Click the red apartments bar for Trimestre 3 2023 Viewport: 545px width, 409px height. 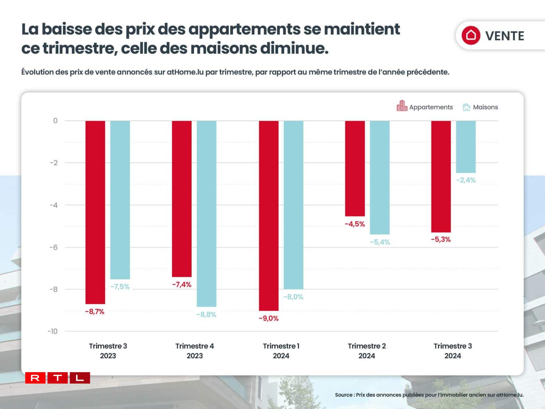(x=95, y=212)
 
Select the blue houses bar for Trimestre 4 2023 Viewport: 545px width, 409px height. (x=207, y=214)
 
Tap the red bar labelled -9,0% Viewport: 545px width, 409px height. (x=269, y=216)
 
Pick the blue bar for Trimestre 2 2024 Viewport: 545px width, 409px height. (x=380, y=178)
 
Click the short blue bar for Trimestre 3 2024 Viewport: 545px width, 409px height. (x=466, y=147)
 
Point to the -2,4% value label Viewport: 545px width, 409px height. (x=466, y=180)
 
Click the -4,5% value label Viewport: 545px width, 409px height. (x=355, y=224)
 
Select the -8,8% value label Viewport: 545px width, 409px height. (x=206, y=315)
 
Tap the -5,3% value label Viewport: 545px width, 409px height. (x=441, y=239)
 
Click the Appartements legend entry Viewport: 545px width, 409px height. (x=425, y=107)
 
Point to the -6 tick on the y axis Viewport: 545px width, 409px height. (x=54, y=247)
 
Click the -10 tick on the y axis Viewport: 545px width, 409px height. (x=53, y=331)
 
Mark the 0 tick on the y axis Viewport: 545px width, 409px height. (x=55, y=121)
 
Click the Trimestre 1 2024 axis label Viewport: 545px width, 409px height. (x=281, y=351)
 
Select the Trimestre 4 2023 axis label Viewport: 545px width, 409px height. (x=194, y=351)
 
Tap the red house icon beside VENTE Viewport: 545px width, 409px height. (x=470, y=35)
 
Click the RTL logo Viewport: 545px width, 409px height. (x=58, y=378)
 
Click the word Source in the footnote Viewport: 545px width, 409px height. (x=344, y=395)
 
